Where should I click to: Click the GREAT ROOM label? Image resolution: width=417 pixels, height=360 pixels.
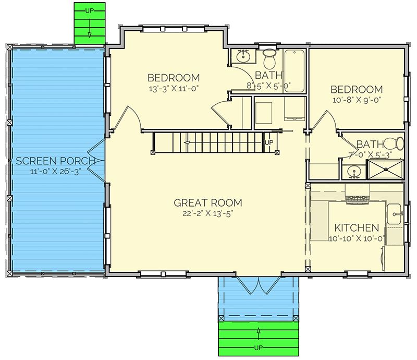[x=208, y=203]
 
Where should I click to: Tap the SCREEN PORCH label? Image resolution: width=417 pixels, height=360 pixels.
[x=56, y=161]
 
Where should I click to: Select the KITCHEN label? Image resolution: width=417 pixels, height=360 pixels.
[x=357, y=228]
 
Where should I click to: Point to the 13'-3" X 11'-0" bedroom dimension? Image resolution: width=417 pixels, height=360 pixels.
[x=174, y=89]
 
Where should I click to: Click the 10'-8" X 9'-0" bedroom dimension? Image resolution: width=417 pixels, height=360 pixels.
[x=357, y=100]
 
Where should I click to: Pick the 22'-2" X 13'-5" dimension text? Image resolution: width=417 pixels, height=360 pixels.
[x=207, y=213]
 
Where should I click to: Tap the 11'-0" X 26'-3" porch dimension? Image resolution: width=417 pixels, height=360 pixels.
[x=56, y=171]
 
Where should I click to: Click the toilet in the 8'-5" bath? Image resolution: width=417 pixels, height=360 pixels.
[x=269, y=58]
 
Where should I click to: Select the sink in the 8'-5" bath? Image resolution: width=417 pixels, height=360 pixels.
[x=243, y=56]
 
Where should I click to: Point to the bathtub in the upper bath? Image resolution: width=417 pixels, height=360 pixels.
[x=295, y=71]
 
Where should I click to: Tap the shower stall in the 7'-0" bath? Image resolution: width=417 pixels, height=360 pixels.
[x=386, y=169]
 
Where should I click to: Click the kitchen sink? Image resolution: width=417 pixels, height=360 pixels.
[x=394, y=214]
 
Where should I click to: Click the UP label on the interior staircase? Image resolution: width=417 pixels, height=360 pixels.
[x=269, y=142]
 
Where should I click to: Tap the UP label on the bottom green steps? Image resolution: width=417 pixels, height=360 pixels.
[x=259, y=348]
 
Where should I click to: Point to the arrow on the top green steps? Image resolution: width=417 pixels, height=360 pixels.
[x=90, y=26]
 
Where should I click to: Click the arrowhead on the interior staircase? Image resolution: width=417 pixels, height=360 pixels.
[x=187, y=143]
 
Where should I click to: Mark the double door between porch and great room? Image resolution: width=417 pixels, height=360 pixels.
[x=96, y=161]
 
